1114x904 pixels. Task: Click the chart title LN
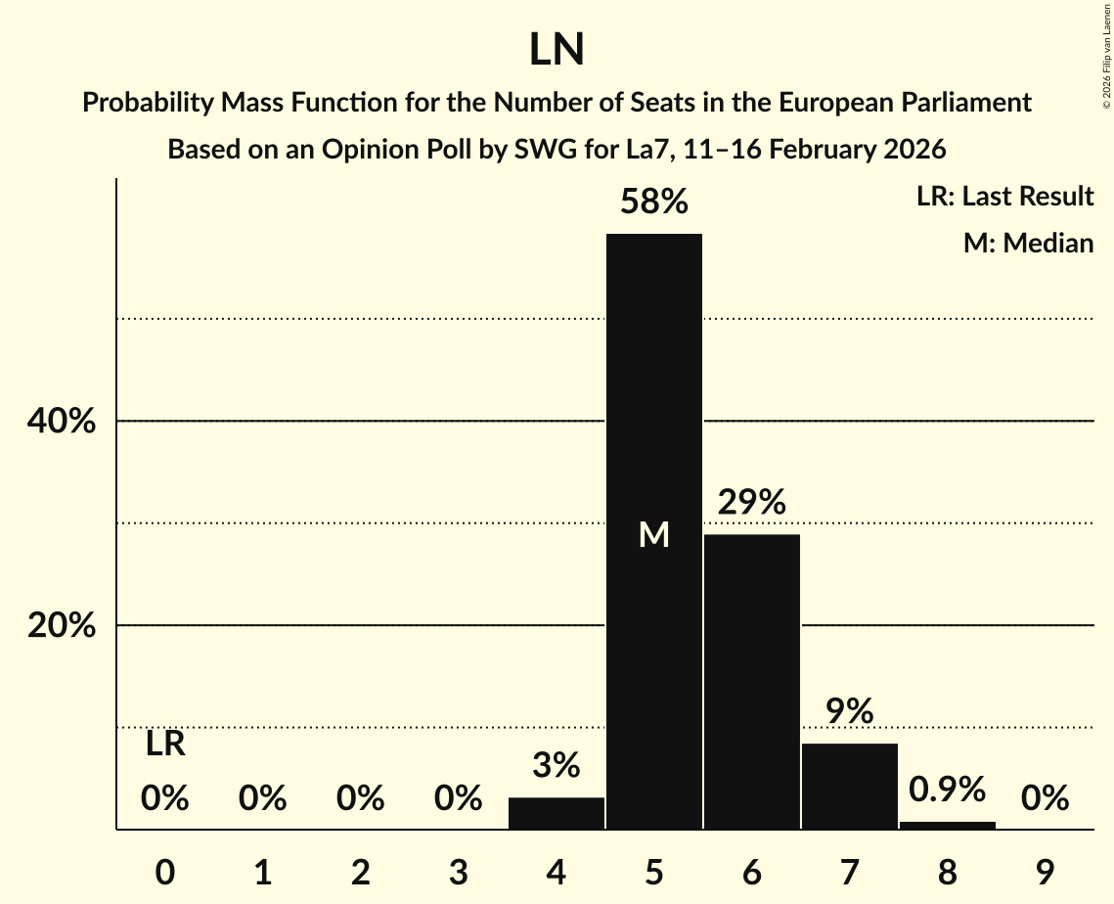[x=557, y=50]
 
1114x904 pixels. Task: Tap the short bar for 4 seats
[x=557, y=813]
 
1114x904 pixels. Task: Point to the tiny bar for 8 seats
[x=947, y=825]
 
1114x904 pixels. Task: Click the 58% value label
[x=653, y=203]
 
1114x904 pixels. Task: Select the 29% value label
[x=751, y=503]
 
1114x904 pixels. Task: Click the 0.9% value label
[x=947, y=790]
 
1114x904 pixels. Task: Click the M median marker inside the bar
[x=653, y=534]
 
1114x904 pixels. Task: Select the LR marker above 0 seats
[x=165, y=745]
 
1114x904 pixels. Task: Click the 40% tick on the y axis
[x=61, y=422]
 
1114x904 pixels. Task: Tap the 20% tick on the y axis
[x=61, y=625]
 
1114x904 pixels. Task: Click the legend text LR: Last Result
[x=1004, y=197]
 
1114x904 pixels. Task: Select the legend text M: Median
[x=1028, y=243]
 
